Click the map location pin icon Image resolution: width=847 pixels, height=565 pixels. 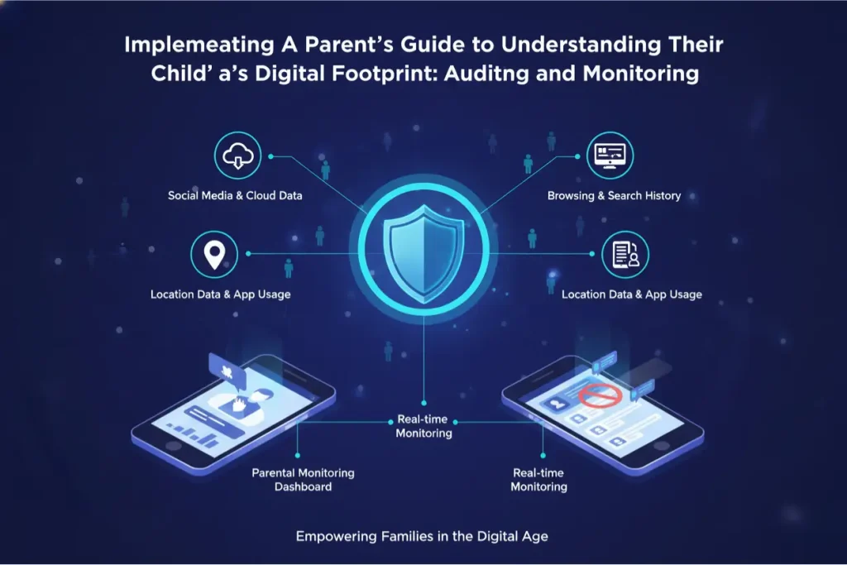[x=214, y=254]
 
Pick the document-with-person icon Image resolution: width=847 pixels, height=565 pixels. [x=625, y=254]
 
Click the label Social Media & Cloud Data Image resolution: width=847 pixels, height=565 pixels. [x=235, y=196]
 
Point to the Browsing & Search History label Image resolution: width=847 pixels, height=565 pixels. [x=614, y=196]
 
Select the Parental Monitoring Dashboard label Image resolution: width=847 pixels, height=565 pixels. [x=303, y=480]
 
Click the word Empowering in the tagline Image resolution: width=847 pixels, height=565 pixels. [x=333, y=537]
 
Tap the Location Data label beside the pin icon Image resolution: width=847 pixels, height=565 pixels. [x=220, y=294]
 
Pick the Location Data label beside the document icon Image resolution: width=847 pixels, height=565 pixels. [x=631, y=294]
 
